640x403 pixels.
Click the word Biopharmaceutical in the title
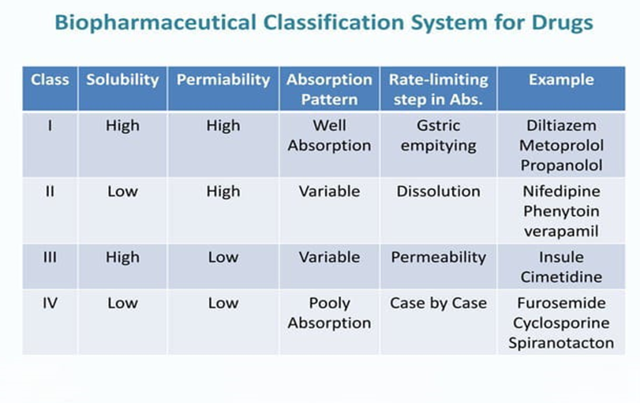tap(155, 23)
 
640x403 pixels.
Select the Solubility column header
tap(122, 80)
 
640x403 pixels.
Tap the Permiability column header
tap(223, 80)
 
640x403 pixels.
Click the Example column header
tap(561, 80)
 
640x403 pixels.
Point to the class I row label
tap(50, 125)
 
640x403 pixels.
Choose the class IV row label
tap(50, 303)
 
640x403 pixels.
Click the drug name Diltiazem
tap(561, 125)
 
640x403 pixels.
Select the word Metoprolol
tap(561, 145)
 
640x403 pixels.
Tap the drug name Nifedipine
tap(561, 192)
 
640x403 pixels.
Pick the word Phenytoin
tap(561, 211)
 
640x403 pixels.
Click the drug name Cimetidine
tap(561, 277)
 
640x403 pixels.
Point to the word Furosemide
tap(561, 303)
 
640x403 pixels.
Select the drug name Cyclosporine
tap(561, 323)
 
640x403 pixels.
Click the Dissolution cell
tap(438, 192)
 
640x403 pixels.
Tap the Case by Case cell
tap(438, 303)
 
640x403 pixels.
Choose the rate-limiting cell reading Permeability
tap(438, 257)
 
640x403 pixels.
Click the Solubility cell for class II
tap(122, 192)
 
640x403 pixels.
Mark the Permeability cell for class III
tap(223, 257)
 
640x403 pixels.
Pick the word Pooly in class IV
tap(329, 303)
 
